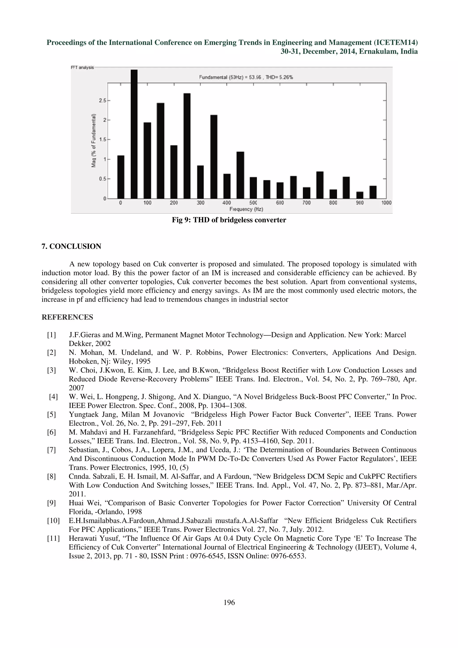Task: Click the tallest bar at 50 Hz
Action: (x=134, y=134)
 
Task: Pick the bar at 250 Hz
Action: (x=187, y=146)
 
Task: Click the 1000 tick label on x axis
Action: (x=386, y=203)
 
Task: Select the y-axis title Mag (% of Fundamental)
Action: (x=93, y=141)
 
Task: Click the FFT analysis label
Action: (x=82, y=68)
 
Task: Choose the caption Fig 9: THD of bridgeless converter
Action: (x=229, y=220)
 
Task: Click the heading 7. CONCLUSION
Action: (x=71, y=246)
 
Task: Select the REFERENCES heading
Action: (x=67, y=317)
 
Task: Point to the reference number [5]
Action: (x=51, y=414)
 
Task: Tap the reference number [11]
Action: (x=53, y=538)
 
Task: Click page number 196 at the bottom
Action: (x=229, y=603)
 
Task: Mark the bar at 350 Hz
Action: (x=214, y=157)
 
